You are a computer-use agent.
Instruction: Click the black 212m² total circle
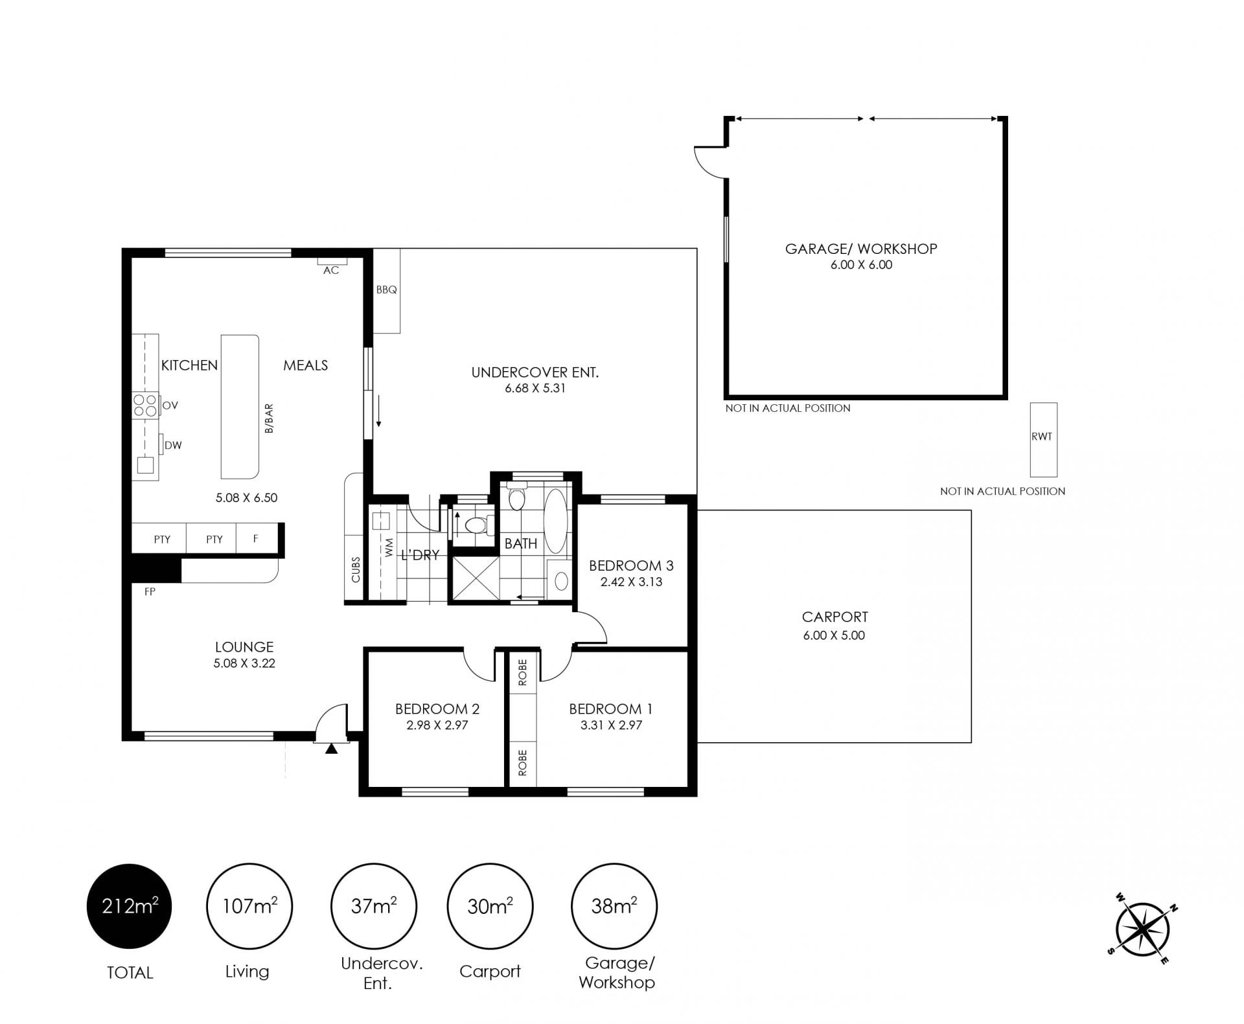pos(129,906)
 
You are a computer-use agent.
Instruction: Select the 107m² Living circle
pos(249,906)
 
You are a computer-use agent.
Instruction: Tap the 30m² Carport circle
pos(490,906)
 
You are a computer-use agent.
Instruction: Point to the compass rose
pos(1142,930)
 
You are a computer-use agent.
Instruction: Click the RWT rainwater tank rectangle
pos(1044,439)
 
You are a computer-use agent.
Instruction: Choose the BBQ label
pos(386,290)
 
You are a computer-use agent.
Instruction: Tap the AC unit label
pos(331,270)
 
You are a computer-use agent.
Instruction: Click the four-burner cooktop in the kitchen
pos(145,405)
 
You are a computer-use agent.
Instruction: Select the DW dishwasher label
pos(173,445)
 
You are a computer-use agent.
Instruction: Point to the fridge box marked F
pos(256,538)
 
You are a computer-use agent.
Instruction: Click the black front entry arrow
pos(331,749)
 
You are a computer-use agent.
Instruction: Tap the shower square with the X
pos(476,578)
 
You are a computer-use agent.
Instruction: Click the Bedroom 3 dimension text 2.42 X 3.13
pos(631,582)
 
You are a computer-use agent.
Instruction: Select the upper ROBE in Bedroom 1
pos(523,672)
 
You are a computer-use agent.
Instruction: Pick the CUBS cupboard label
pos(355,569)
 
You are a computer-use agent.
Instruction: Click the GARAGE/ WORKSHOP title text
pos(861,249)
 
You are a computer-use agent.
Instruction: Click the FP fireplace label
pos(150,591)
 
